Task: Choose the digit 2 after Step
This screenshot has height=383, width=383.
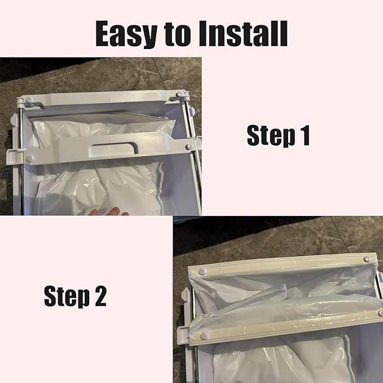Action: [99, 296]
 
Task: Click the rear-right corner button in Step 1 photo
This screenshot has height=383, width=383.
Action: [179, 95]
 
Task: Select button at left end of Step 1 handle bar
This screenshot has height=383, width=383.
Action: [29, 159]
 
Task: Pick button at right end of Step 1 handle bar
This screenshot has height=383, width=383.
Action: [188, 147]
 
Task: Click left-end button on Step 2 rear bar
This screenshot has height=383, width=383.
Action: [201, 272]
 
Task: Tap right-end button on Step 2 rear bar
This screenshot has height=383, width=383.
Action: [367, 258]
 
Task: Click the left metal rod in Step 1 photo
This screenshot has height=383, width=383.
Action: [21, 169]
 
